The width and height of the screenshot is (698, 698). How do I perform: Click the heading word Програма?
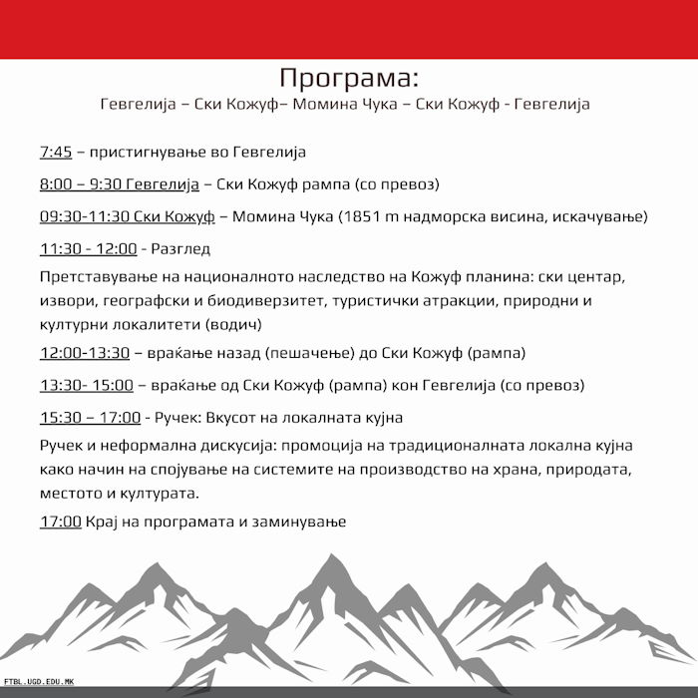click(349, 78)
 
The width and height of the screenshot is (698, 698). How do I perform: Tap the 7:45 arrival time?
click(56, 153)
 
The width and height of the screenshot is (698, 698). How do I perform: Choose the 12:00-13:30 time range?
click(85, 352)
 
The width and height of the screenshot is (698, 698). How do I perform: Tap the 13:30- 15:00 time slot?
click(86, 384)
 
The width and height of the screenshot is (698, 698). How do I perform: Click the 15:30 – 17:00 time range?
click(90, 417)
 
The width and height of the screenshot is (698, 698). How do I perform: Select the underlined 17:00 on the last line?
click(61, 521)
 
